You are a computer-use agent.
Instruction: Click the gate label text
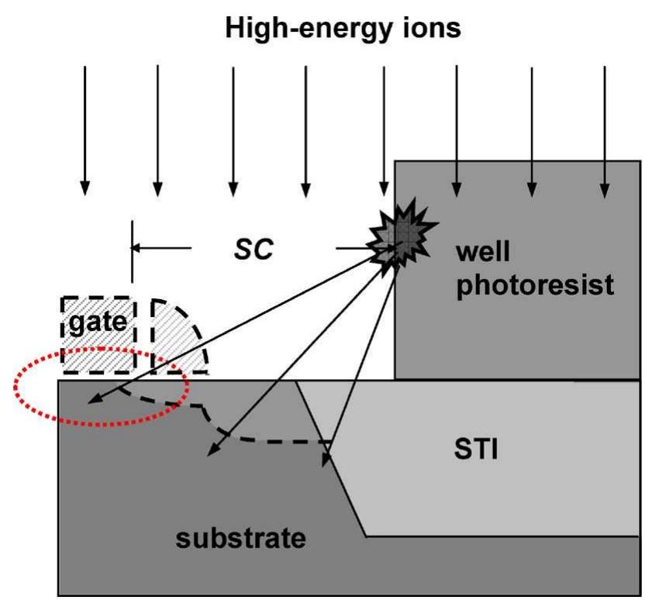tap(98, 320)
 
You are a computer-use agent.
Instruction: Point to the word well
tap(485, 252)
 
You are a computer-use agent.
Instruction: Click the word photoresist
tap(534, 285)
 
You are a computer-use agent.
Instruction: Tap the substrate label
tap(240, 537)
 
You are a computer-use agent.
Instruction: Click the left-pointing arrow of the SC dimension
tap(160, 248)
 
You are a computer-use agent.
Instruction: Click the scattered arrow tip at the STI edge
tap(326, 464)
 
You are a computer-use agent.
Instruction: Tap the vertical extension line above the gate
tap(132, 252)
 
